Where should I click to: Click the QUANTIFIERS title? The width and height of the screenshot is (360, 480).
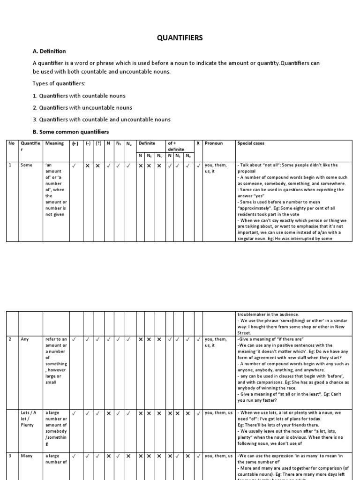180,38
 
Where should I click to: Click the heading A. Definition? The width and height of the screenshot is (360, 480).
49,51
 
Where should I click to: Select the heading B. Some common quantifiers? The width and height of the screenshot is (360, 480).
70,132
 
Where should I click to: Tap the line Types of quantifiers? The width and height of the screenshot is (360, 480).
60,83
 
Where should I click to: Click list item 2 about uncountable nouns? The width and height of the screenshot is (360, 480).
82,108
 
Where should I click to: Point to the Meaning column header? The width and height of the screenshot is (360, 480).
54,143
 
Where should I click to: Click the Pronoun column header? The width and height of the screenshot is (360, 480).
214,143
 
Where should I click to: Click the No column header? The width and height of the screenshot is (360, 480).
12,143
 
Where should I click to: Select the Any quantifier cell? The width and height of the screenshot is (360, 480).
25,339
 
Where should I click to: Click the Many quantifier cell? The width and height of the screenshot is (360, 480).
26,456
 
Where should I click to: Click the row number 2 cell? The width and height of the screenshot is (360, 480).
10,339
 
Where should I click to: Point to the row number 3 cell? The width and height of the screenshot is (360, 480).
10,456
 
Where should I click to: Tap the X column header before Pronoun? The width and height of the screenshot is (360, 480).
198,143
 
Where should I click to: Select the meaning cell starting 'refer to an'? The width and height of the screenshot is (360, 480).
56,360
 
